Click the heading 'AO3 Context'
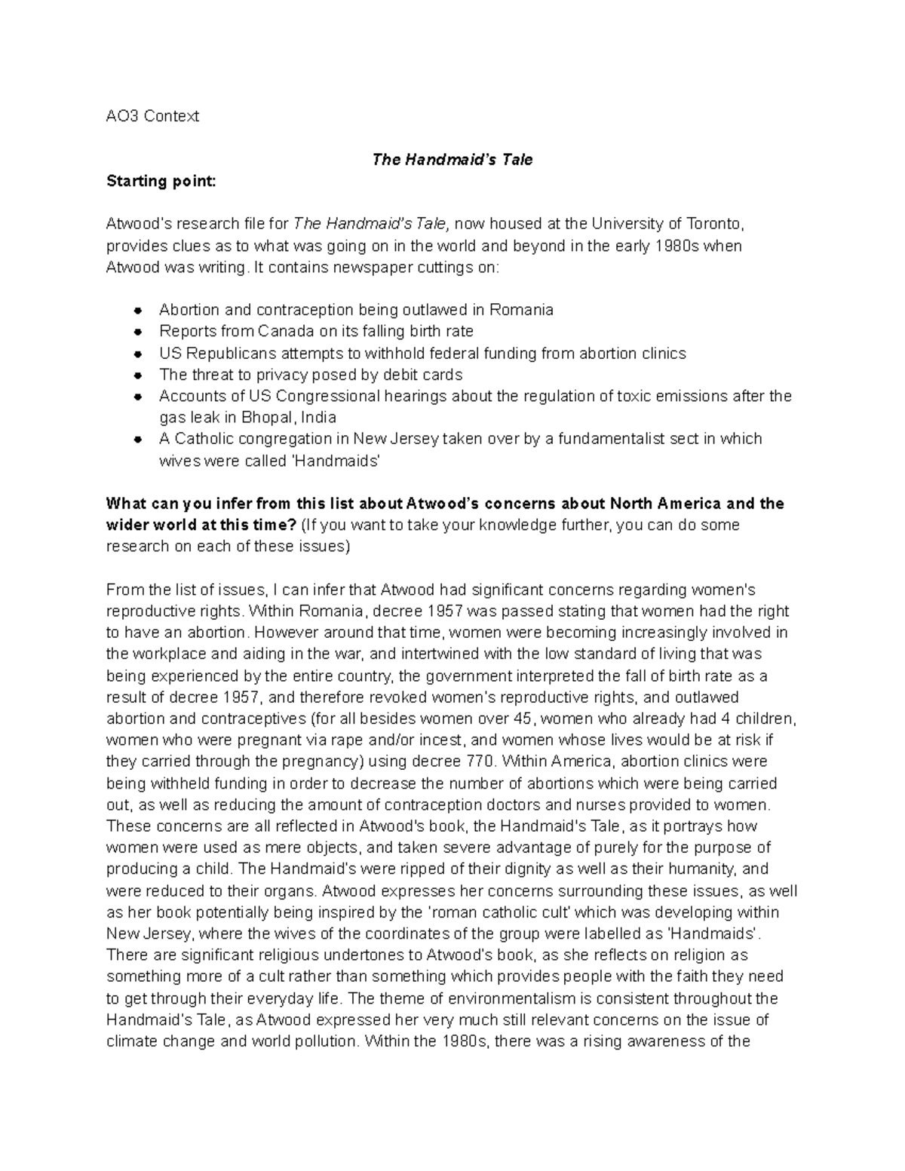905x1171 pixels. coord(152,116)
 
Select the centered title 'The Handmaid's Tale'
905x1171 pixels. coord(452,160)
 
